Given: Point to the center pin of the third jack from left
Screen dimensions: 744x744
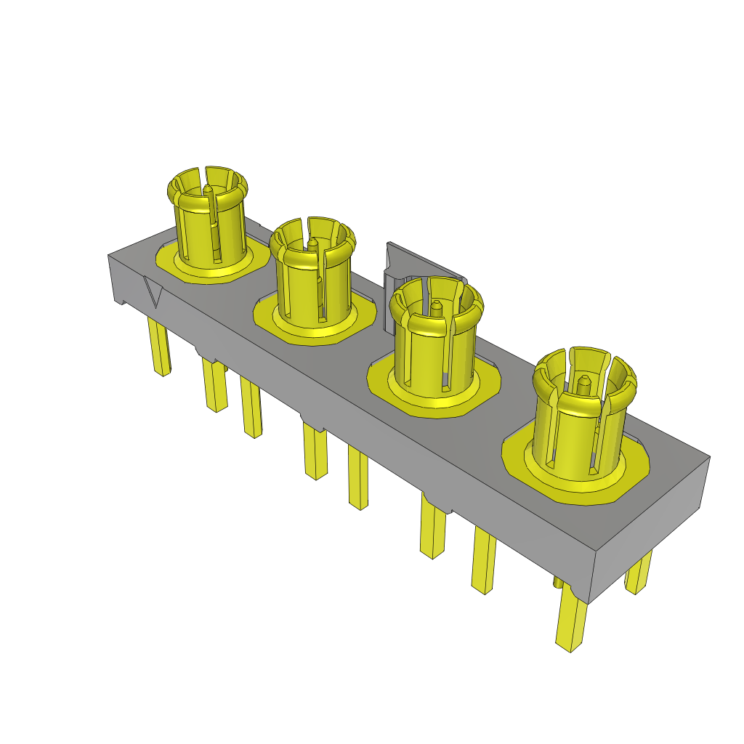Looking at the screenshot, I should coord(436,308).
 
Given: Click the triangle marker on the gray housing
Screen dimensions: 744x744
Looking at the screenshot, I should coord(153,291).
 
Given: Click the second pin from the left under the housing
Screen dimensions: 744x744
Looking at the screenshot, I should coord(215,385).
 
